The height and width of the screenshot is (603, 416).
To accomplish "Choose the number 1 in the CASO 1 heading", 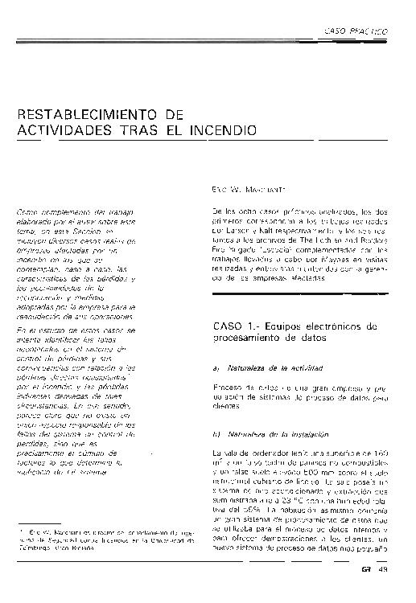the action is point(252,326).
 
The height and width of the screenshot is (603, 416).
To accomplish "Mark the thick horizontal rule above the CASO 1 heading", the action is point(298,310).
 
